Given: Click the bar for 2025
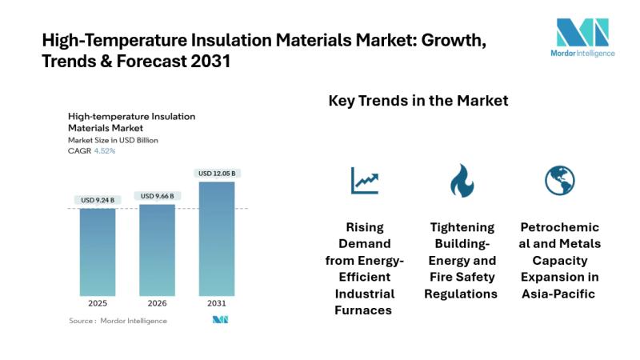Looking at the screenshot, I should coord(98,251).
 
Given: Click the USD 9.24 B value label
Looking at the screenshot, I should coord(98,200).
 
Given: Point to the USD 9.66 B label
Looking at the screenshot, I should coord(158,196).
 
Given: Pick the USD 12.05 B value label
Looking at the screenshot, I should coord(218,174).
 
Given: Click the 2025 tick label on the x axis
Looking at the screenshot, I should coord(98,304).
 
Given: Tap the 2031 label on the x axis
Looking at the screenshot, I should coord(217,304).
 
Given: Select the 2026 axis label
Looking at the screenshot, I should coord(158,304).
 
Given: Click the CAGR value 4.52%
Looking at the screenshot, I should coord(105,150).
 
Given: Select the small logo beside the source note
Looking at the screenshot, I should coord(221,320).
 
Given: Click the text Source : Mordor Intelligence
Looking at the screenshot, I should coord(118,321).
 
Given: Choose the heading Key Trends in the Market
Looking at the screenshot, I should coord(418,102).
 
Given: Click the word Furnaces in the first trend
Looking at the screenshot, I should coord(365,310).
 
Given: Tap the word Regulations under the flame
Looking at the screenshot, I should coord(462,294).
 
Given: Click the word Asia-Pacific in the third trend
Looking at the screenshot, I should coord(560,294).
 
